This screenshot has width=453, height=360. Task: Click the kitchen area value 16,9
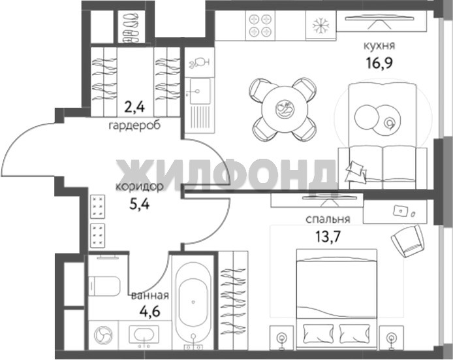380,63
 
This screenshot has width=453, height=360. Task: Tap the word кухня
379,46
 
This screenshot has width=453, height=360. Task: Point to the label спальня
328,219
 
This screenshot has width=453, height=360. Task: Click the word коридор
139,187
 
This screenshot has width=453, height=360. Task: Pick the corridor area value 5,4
139,205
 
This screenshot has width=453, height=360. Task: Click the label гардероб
134,125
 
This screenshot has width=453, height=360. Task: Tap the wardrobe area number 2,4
134,107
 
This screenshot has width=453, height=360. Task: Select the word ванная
150,295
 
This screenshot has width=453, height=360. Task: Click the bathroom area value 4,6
149,312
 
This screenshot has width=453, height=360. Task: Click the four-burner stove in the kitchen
260,25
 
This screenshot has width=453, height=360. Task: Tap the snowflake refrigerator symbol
320,25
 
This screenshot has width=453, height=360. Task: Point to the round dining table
285,109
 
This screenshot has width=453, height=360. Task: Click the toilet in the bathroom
104,286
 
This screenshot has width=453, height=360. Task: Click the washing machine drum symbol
103,335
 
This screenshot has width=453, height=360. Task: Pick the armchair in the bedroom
407,241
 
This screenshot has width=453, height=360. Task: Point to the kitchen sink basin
200,91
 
